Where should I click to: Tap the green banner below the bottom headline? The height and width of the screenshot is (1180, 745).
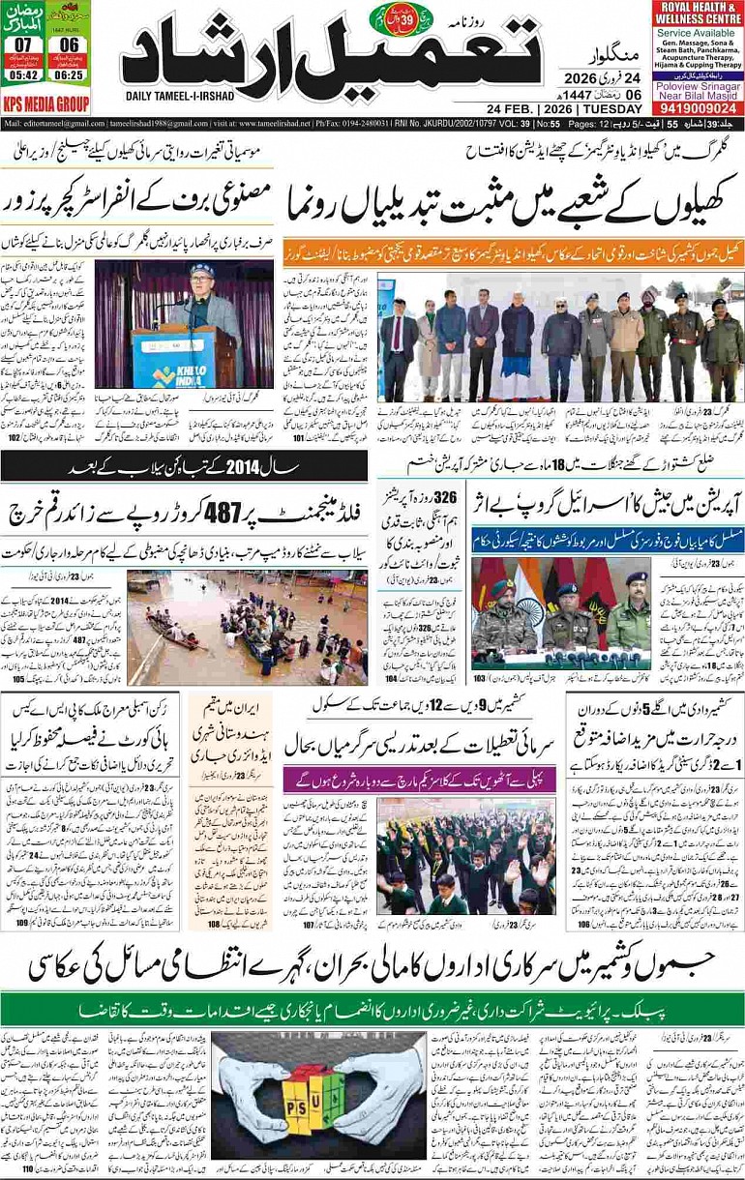point(372,1005)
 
